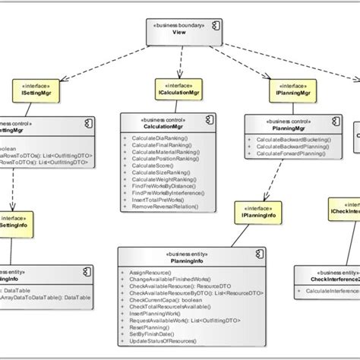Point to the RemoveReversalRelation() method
pos(168,205)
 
